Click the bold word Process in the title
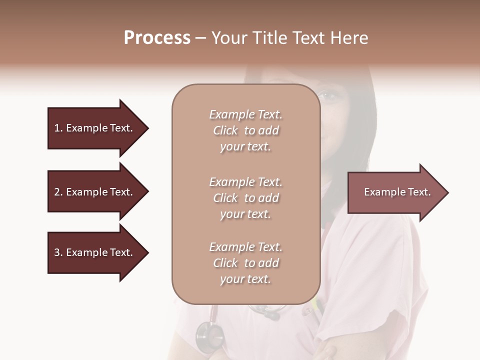point(157,38)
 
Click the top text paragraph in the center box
point(245,130)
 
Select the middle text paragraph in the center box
point(245,197)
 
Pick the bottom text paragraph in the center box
point(245,263)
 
